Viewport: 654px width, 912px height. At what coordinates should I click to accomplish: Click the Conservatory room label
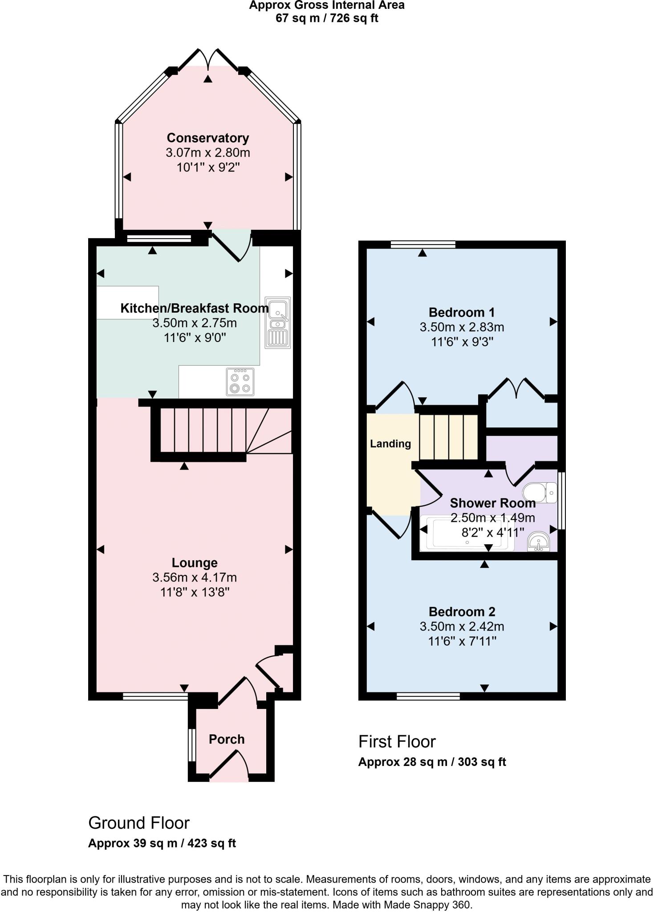[207, 138]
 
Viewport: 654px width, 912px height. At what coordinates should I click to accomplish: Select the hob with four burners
[240, 382]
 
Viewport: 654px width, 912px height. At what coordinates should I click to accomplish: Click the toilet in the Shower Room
[540, 493]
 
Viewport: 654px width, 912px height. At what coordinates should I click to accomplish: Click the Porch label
[227, 739]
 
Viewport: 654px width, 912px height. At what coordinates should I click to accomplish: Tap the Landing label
[390, 444]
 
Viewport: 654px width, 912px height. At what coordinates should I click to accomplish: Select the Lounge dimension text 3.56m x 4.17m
[195, 578]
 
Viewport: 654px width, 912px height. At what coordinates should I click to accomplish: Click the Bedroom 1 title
[462, 312]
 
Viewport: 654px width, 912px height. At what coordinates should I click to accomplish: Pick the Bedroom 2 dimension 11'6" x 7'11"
[462, 641]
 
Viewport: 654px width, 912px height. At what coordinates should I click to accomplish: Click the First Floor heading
[397, 741]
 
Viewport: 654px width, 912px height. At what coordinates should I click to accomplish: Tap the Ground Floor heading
[139, 823]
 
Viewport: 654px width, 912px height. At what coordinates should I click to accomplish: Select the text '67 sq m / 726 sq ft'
[327, 18]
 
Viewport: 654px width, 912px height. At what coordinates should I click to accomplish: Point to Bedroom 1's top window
[423, 244]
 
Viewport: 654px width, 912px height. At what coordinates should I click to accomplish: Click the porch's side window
[191, 745]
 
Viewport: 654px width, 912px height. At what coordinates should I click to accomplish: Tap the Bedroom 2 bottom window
[428, 696]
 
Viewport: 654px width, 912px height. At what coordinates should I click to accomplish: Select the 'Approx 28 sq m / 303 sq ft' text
[432, 762]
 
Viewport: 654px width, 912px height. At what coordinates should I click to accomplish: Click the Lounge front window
[155, 696]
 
